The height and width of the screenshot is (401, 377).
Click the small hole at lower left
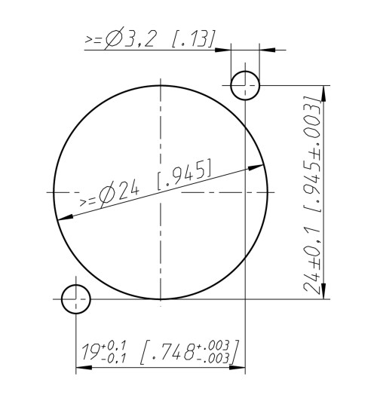coord(76,299)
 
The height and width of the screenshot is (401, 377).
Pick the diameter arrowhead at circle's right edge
coord(259,167)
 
